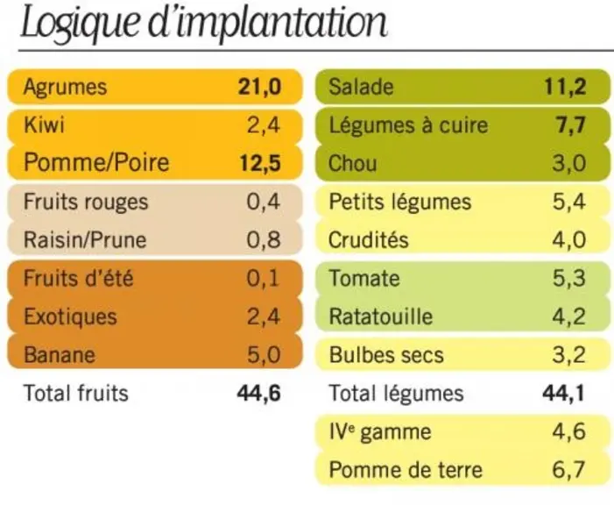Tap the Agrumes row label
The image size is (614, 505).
pos(65,87)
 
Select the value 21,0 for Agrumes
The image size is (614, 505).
pos(259,87)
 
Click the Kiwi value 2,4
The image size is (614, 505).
pos(264,125)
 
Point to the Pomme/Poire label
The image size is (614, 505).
pos(96,163)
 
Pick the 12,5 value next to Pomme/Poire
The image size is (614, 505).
pos(260,163)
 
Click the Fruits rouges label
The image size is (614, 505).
pos(86,203)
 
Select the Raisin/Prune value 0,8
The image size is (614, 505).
pos(264,240)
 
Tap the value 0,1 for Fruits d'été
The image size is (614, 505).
pos(263,279)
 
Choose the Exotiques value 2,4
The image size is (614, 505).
pos(264,317)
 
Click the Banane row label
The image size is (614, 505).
pos(60,355)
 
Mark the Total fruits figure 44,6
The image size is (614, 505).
pos(259,394)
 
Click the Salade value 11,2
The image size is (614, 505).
pos(566,87)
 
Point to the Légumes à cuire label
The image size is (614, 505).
pos(408,125)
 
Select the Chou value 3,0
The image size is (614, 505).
pos(569,163)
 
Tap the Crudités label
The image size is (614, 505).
pos(369,240)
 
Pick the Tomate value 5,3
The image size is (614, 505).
pos(569,278)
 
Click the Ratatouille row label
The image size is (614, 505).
pos(381,317)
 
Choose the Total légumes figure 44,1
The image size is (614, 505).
pos(563,394)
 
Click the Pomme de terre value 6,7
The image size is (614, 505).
pos(568,470)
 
